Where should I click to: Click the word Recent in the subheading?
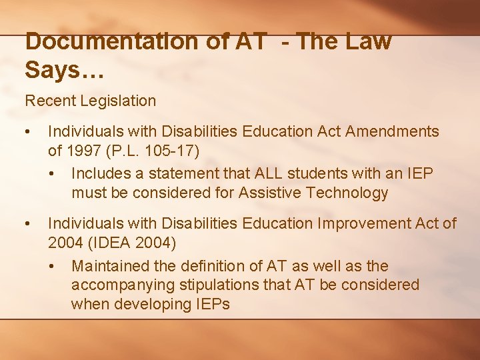[x=50, y=101]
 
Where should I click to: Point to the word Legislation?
[x=117, y=101]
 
